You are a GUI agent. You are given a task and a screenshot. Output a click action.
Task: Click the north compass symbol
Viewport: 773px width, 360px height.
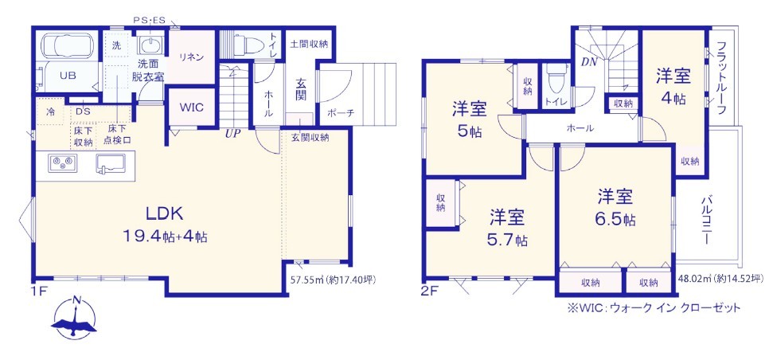[75, 318]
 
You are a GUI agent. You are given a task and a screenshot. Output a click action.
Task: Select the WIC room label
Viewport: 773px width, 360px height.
[192, 108]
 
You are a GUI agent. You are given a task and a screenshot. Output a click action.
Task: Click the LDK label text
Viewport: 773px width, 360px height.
[164, 213]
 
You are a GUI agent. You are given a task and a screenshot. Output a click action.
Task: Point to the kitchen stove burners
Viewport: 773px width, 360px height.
[63, 162]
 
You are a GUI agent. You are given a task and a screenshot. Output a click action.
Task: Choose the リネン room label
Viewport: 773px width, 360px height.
[191, 57]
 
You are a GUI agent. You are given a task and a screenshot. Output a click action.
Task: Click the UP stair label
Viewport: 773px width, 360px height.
[232, 134]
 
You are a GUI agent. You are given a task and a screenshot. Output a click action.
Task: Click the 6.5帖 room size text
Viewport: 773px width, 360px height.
[615, 219]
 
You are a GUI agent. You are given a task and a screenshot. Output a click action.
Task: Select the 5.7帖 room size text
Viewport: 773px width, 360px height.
[508, 241]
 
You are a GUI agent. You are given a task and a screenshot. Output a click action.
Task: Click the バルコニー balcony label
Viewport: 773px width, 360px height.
[706, 221]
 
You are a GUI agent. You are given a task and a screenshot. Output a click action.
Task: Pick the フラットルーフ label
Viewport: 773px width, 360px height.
[721, 78]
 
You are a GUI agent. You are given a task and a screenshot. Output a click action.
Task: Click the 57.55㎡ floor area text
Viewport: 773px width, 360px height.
[305, 280]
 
